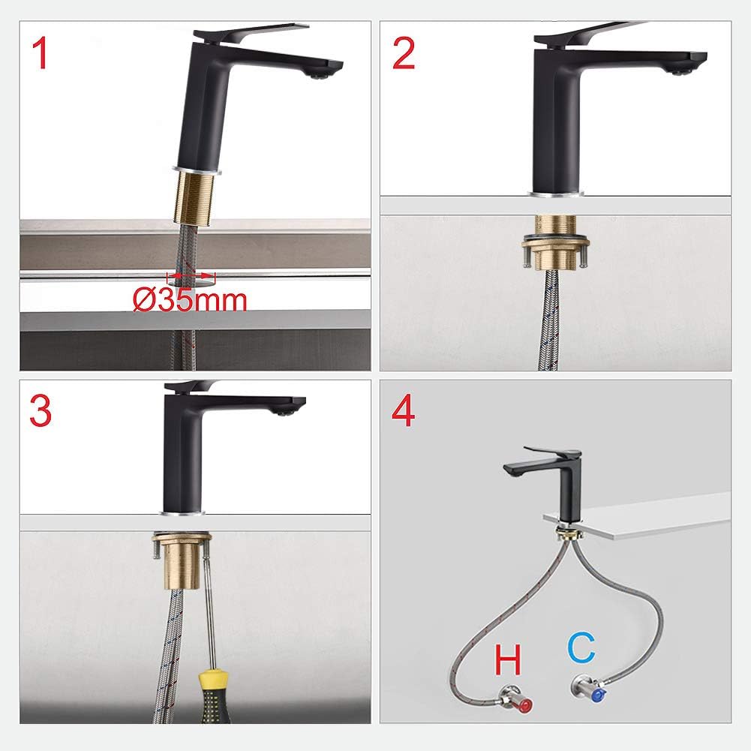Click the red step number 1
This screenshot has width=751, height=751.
click(x=40, y=54)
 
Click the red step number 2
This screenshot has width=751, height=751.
click(x=404, y=54)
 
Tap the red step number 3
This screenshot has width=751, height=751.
click(x=41, y=411)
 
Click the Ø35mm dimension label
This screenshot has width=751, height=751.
click(x=190, y=300)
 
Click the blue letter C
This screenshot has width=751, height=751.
click(x=581, y=647)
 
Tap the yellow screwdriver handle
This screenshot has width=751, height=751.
click(x=215, y=696)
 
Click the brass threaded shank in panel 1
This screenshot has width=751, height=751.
click(x=197, y=198)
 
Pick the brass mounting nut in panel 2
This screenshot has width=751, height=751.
click(x=556, y=245)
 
